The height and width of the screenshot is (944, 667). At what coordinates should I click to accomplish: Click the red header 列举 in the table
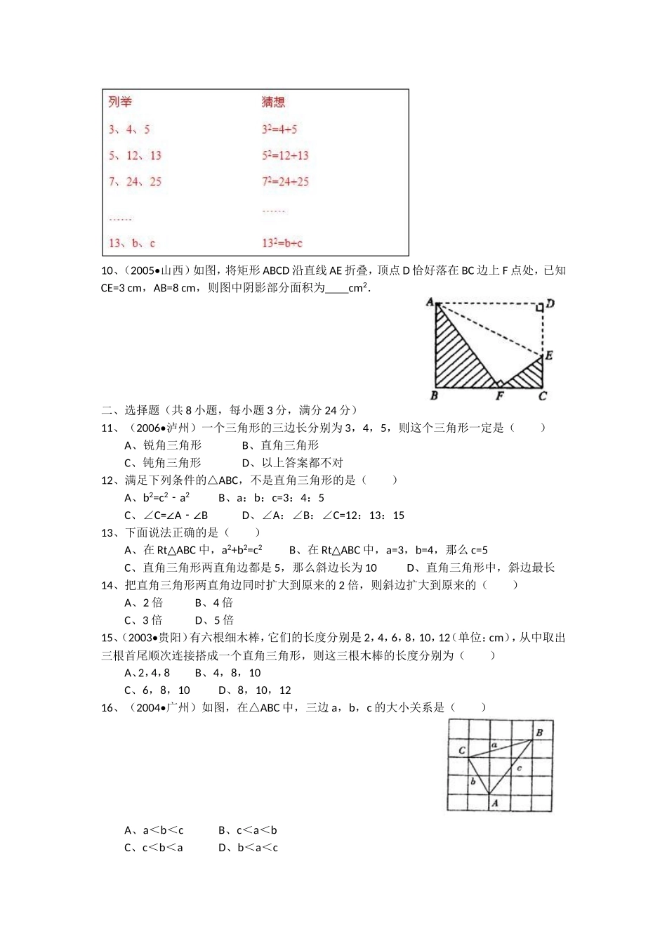point(120,103)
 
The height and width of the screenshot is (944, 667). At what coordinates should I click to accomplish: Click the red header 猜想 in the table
point(273,103)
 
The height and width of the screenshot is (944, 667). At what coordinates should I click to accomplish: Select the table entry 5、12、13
point(135,156)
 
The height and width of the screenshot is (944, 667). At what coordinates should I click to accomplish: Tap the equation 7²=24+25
point(285,182)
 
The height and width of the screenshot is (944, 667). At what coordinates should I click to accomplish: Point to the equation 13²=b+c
point(282,243)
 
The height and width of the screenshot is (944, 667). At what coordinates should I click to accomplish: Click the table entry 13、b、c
point(132,243)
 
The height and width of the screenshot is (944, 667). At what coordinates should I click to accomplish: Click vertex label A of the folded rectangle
point(430,302)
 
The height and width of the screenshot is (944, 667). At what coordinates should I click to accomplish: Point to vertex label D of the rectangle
point(550,303)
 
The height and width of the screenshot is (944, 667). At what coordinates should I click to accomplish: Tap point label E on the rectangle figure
point(549,355)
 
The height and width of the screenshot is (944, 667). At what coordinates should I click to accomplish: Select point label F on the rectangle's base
point(499,396)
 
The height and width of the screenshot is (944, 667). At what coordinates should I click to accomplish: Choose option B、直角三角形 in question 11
point(280,445)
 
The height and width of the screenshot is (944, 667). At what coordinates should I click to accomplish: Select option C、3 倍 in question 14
point(143,620)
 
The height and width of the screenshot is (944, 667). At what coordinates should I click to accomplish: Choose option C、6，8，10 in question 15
point(157,690)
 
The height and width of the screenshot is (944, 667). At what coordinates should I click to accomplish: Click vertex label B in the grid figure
point(539,733)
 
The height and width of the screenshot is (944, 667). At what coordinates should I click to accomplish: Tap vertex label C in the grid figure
point(461,750)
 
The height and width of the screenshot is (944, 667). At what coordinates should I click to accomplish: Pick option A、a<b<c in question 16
point(154,830)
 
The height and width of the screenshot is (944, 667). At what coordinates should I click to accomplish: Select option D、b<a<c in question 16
point(248,848)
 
